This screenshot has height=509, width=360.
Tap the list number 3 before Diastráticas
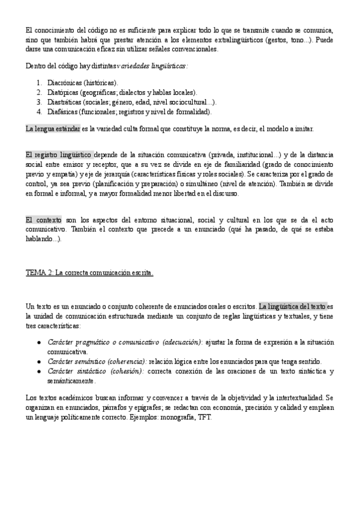coord(39,101)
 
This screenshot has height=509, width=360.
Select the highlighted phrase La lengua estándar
coord(53,128)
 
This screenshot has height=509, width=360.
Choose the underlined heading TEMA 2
coord(89,273)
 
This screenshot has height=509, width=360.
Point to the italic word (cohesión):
coord(124,371)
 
